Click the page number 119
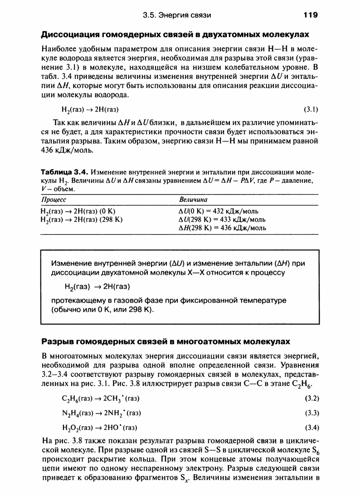(x=311, y=15)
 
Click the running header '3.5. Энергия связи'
(x=177, y=15)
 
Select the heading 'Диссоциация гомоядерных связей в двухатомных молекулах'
(x=175, y=34)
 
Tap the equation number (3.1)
(x=311, y=109)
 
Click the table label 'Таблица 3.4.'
(x=65, y=172)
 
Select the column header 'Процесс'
(x=54, y=199)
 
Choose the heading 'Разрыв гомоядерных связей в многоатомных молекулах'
(x=165, y=340)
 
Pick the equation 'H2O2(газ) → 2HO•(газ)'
(x=101, y=428)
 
